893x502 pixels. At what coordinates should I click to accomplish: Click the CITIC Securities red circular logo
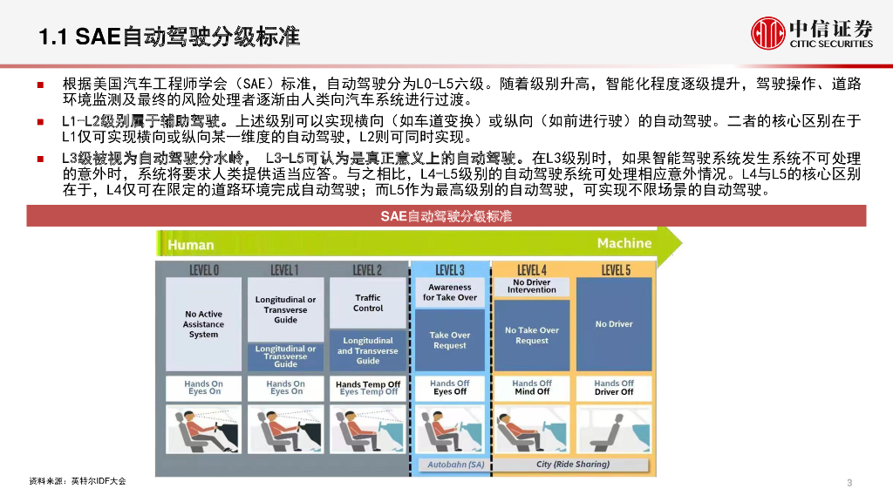pos(767,33)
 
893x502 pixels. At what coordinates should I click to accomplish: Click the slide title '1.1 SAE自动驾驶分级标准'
pos(169,37)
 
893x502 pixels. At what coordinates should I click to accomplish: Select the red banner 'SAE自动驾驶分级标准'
pos(446,216)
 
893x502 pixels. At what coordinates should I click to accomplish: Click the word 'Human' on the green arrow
pos(191,245)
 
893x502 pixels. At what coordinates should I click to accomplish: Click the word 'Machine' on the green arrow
pos(624,243)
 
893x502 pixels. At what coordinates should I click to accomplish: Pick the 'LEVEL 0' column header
pos(204,270)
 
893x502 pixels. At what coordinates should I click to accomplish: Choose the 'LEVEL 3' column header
pos(450,270)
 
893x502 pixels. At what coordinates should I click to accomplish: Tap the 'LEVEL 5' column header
pos(615,270)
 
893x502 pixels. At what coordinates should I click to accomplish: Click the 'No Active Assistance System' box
pos(204,324)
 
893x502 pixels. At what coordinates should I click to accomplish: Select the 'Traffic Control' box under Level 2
pos(368,303)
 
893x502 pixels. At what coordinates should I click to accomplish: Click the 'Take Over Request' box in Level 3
pos(450,340)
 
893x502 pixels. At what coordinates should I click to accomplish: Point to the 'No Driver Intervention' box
pos(532,287)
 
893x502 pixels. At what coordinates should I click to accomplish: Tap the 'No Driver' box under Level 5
pos(614,324)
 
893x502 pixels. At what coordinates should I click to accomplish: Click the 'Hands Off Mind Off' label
pos(532,388)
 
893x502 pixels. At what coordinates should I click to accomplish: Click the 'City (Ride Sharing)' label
pos(573,465)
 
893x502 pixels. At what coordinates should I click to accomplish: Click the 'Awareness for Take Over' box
pos(450,293)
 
